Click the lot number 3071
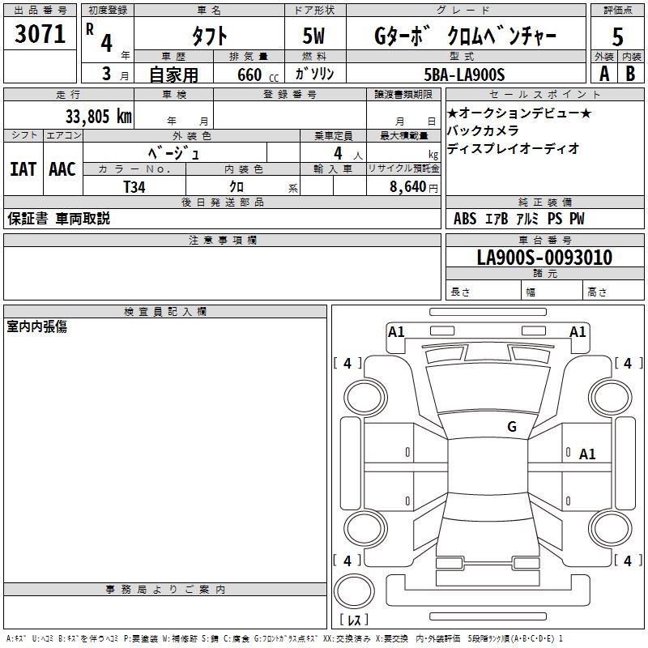pos(40,35)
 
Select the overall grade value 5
pos(618,36)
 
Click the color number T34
pos(135,186)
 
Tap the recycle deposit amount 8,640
pos(410,186)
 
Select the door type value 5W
pos(315,36)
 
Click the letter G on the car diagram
pos(512,427)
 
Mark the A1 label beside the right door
pos(587,454)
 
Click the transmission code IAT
pos(23,169)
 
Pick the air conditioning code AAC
pos(62,169)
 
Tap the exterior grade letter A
pos(603,73)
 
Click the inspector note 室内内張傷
pos(37,326)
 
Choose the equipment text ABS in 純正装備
pos(465,219)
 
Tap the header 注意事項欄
pos(222,241)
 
